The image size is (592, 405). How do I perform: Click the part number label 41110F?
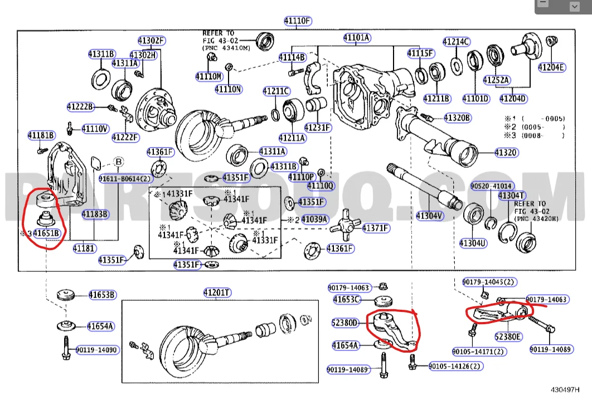pos(297,22)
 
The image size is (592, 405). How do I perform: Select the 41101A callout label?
pos(357,38)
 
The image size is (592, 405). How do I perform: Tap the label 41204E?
pos(551,68)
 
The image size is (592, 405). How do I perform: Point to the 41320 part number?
pos(506,152)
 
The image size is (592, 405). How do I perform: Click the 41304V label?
pos(430,215)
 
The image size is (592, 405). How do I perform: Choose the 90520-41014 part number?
pos(492,186)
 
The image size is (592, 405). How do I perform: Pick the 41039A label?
pos(314,219)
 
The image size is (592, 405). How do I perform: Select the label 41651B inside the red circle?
pos(46,233)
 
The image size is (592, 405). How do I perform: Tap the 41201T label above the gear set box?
pos(217,293)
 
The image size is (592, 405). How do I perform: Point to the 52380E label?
pos(508,336)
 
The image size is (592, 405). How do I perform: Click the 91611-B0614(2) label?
pos(125,179)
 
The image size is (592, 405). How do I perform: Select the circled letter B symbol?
pos(118,162)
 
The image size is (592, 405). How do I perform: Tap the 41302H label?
pos(143,55)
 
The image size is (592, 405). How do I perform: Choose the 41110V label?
pos(95,129)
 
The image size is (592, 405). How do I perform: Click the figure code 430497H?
pos(564,389)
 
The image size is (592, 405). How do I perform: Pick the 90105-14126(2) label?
pos(456,366)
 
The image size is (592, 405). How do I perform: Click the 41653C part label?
pos(347,300)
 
